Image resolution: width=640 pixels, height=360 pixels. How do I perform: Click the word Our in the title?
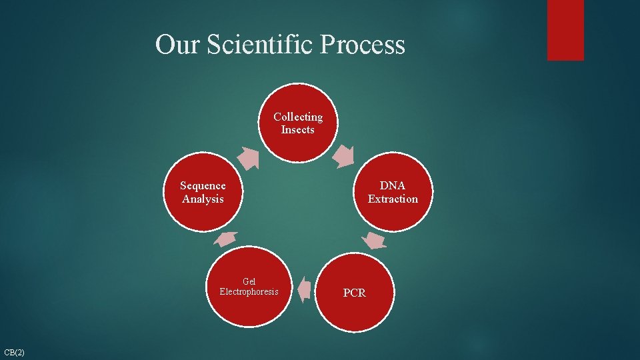(178, 45)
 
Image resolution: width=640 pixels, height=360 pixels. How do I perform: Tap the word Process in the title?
(363, 45)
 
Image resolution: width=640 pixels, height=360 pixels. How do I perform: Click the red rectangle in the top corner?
(565, 30)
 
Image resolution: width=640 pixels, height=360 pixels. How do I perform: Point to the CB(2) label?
(14, 352)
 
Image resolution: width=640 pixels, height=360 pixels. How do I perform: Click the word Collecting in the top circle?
(298, 117)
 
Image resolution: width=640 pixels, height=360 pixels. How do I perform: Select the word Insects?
(298, 130)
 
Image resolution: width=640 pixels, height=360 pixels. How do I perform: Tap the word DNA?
(393, 186)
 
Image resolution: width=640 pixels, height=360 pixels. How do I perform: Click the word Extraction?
(393, 199)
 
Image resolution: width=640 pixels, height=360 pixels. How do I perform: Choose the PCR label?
(354, 293)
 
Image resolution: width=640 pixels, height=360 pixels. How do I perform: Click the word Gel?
(249, 281)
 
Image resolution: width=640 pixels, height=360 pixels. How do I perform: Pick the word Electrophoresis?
(249, 292)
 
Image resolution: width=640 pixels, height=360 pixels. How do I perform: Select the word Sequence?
(203, 186)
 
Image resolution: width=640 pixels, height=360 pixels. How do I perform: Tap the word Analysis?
(203, 199)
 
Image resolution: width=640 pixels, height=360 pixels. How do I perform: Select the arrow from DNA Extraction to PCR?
(376, 240)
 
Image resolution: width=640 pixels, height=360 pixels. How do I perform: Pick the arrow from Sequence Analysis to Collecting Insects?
(249, 157)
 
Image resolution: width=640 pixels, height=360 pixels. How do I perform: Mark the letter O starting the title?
(165, 45)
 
